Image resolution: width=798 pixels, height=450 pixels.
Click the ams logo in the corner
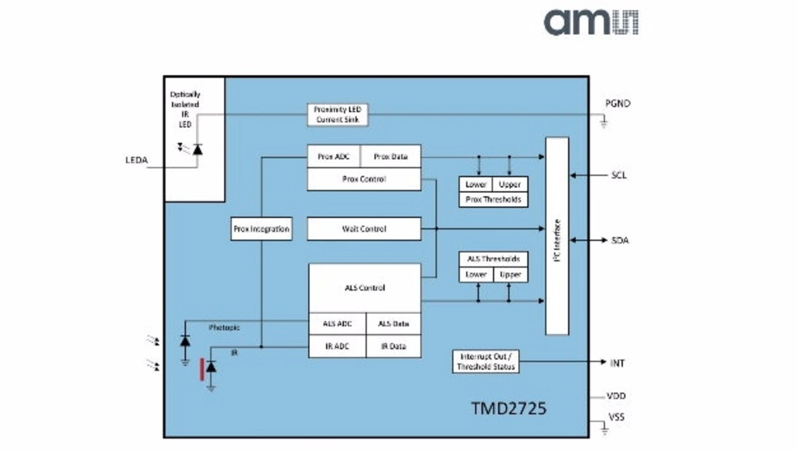[x=591, y=22]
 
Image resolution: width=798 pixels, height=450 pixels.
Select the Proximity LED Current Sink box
[x=337, y=114]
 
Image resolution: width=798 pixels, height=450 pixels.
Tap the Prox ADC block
[x=334, y=157]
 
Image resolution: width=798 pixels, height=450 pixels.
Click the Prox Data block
[x=390, y=157]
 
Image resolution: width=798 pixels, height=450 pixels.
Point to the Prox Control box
[x=364, y=179]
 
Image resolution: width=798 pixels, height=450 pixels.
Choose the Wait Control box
[x=364, y=229]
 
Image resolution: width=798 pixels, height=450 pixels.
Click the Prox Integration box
[x=261, y=229]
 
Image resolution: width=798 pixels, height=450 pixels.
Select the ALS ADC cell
[x=337, y=324]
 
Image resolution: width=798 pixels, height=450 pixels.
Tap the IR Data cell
[x=393, y=346]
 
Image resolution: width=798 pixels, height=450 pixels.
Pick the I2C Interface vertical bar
[x=557, y=236]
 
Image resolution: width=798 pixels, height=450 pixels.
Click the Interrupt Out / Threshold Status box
[x=486, y=362]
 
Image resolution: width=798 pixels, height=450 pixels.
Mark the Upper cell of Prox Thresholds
[x=509, y=185]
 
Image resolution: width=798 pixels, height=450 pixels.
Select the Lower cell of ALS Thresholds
[x=476, y=275]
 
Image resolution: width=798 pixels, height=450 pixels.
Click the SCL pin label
[x=618, y=175]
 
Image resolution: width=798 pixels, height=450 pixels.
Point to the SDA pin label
[x=620, y=240]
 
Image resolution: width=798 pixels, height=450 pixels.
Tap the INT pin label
[x=617, y=363]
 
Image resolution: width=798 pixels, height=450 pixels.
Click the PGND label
[x=618, y=104]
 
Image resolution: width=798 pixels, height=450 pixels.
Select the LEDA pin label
[x=137, y=160]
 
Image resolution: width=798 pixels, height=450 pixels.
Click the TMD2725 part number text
[x=509, y=409]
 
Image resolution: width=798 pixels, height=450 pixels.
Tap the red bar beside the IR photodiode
[x=202, y=369]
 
